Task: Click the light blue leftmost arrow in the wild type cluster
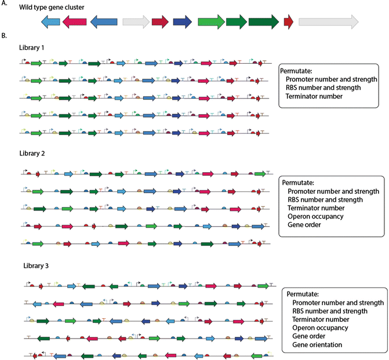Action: click(50, 22)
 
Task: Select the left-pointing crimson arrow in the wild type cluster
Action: click(74, 22)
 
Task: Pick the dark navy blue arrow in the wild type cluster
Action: click(183, 22)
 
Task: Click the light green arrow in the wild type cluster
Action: click(211, 22)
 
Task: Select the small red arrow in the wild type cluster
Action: click(289, 22)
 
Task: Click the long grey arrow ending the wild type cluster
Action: click(328, 22)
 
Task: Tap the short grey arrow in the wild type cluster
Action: click(136, 22)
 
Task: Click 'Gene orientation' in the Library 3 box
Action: click(318, 345)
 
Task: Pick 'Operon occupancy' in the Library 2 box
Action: click(317, 216)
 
